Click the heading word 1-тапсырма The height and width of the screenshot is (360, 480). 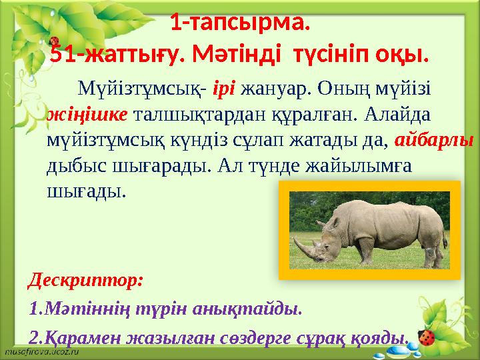[x=240, y=25]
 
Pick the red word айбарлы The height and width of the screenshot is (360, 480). [x=434, y=140]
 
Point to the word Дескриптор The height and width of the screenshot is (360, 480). [x=85, y=279]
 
